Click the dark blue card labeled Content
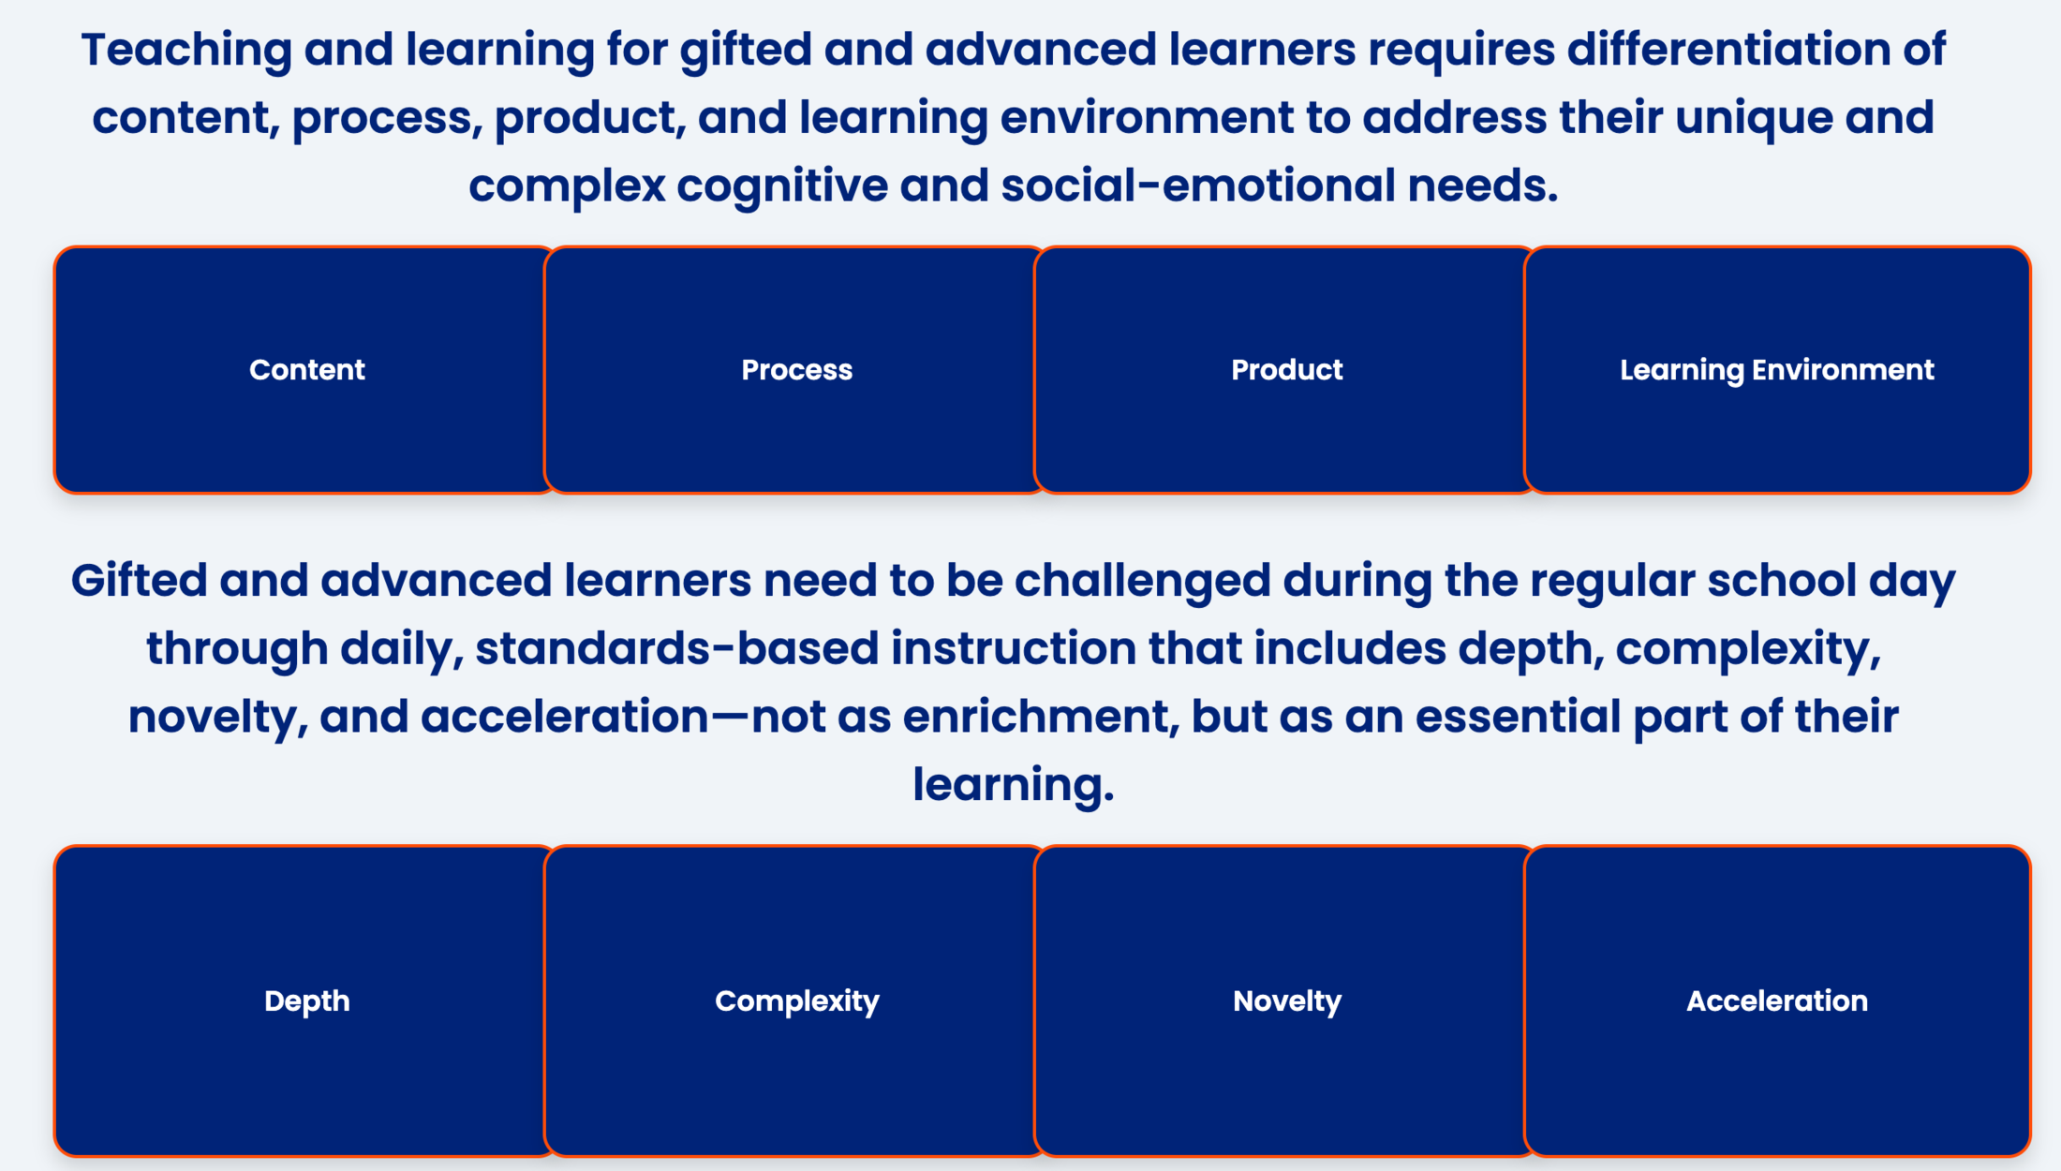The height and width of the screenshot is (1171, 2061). pos(306,370)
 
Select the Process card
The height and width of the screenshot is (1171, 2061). pos(796,370)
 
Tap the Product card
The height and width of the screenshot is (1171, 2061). pos(1286,370)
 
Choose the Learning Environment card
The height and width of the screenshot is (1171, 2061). pos(1777,370)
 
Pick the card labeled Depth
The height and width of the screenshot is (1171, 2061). pos(306,1001)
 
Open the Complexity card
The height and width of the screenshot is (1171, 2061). pos(796,1001)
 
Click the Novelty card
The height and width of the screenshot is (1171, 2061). pos(1286,1001)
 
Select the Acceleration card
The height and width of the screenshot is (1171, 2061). pos(1777,1001)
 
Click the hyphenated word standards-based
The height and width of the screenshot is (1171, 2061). pos(676,648)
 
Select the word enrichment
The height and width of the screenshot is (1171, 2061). pos(1034,717)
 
